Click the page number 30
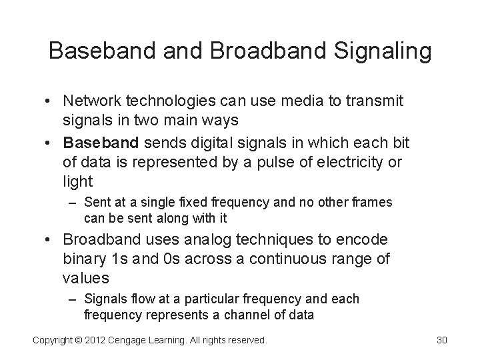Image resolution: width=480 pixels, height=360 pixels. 441,341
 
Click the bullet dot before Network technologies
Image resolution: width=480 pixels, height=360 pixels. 50,101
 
